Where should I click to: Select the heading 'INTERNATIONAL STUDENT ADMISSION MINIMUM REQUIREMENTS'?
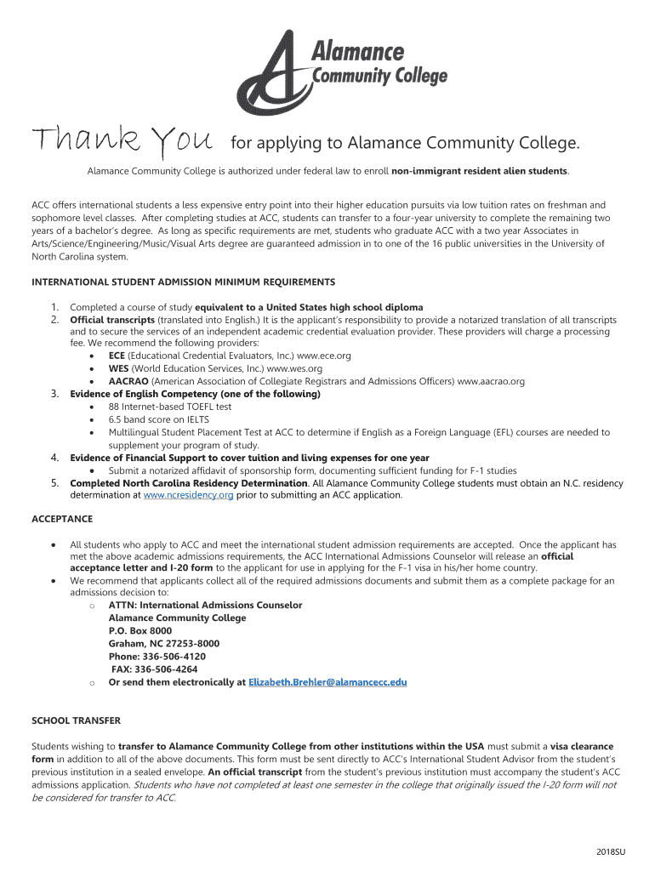183,282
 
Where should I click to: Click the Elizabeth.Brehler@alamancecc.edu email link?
327,682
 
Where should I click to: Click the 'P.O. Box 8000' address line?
140,631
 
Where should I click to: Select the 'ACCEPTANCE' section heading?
62,519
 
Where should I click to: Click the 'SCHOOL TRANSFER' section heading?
77,720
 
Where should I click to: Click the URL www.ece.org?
324,356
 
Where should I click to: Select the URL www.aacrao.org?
491,381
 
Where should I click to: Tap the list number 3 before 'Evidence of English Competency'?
54,394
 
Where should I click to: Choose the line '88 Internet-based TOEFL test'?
169,407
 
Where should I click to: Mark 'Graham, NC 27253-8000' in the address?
164,644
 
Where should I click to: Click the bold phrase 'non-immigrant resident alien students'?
479,171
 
